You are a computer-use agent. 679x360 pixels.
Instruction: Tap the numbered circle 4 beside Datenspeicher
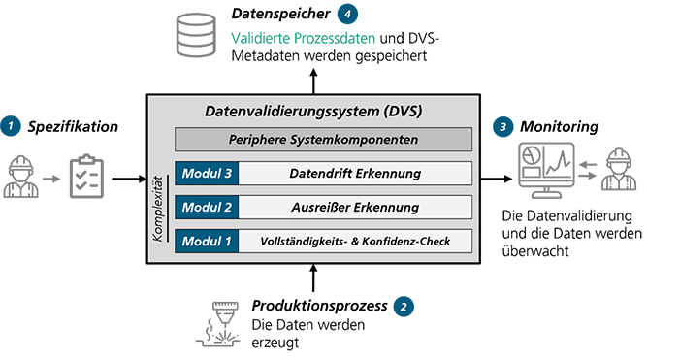[x=346, y=16]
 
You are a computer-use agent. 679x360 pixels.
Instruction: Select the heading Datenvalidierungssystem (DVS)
[x=313, y=111]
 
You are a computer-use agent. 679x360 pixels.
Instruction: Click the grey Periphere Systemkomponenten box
[x=323, y=139]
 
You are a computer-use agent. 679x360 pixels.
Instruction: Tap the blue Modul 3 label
[x=207, y=174]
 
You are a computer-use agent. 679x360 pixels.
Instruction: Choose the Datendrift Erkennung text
[x=354, y=174]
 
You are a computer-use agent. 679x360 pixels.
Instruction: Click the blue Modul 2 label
[x=207, y=207]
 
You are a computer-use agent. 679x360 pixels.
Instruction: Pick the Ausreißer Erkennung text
[x=354, y=207]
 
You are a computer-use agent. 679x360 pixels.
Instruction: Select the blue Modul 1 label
[x=207, y=240]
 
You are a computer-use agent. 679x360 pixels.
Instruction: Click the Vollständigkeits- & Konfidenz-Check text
[x=354, y=240]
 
